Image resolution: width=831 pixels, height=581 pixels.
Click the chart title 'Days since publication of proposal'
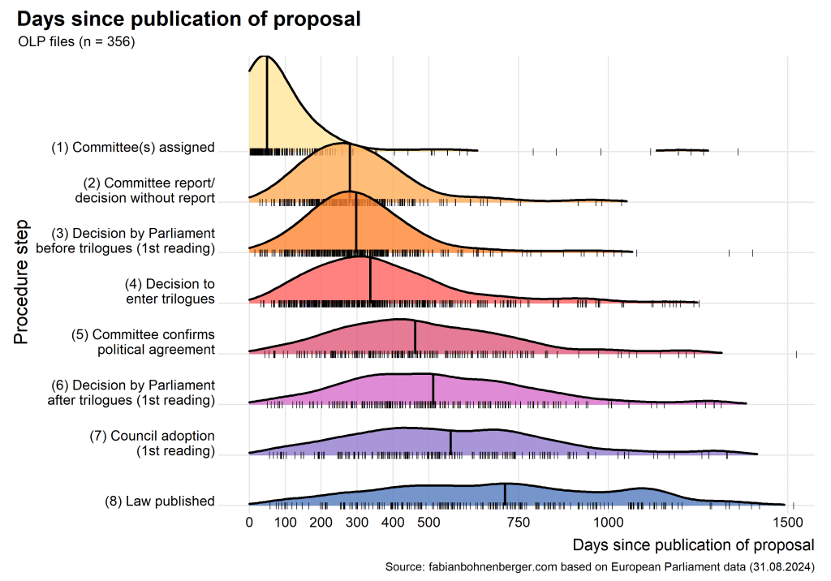188,18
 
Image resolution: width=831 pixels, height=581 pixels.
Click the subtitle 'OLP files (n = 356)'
75,42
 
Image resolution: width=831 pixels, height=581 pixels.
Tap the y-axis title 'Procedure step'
22,281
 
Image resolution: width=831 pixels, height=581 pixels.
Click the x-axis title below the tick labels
692,543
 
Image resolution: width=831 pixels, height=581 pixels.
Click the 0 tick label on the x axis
249,522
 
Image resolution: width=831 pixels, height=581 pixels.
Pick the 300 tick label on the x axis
357,522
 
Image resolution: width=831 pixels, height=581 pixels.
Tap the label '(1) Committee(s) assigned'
133,148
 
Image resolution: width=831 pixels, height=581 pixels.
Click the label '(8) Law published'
159,501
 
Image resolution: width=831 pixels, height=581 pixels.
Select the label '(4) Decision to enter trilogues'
170,291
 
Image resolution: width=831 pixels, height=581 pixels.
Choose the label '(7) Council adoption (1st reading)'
152,443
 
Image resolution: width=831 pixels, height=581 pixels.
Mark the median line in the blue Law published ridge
505,494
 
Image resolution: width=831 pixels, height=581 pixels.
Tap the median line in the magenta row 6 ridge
433,388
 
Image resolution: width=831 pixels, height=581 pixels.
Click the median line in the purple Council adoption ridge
450,441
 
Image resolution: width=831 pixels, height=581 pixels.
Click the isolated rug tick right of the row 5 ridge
796,354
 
